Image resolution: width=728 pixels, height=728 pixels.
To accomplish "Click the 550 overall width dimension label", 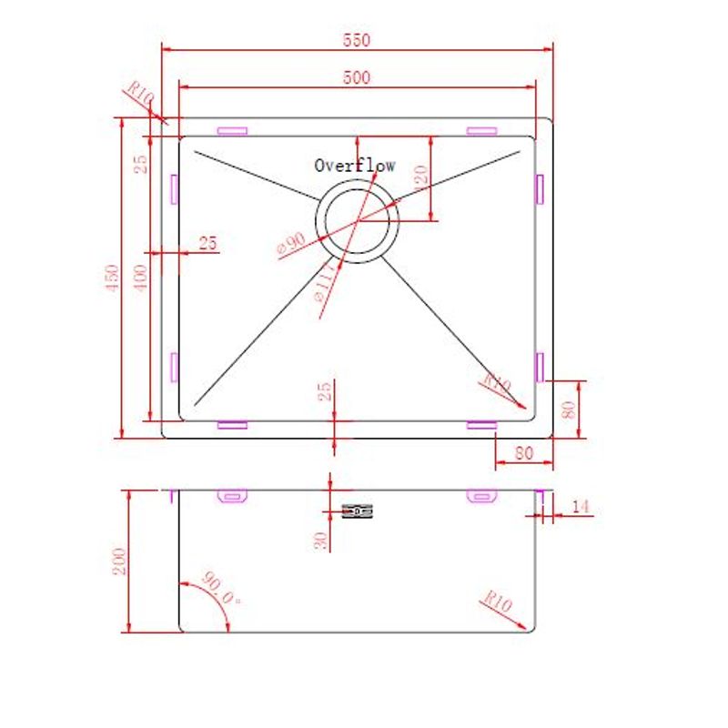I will pyautogui.click(x=357, y=39).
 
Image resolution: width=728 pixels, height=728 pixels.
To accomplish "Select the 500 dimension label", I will pyautogui.click(x=357, y=78).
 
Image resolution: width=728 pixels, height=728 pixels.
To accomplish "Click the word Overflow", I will pyautogui.click(x=355, y=166).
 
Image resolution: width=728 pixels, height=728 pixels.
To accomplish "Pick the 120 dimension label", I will pyautogui.click(x=420, y=177).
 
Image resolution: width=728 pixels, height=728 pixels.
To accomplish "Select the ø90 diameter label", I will pyautogui.click(x=293, y=243).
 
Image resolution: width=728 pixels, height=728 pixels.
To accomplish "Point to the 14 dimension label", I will pyautogui.click(x=581, y=506).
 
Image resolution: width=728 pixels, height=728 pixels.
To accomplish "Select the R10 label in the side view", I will pyautogui.click(x=498, y=602).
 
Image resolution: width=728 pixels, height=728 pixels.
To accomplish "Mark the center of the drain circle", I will pyautogui.click(x=357, y=221).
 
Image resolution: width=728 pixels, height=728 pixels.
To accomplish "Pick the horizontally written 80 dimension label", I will pyautogui.click(x=522, y=450).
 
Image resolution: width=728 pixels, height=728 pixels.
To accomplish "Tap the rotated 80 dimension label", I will pyautogui.click(x=569, y=409).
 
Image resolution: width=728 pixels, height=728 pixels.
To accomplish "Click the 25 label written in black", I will pyautogui.click(x=207, y=243).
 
